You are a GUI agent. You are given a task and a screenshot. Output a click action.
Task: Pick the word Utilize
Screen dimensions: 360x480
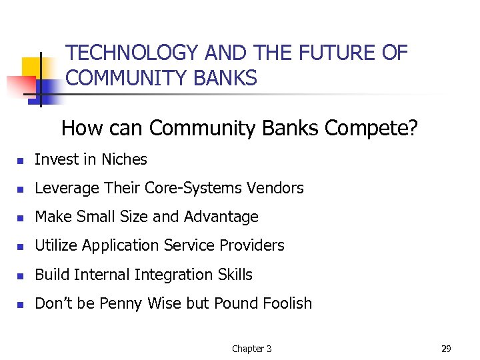(x=56, y=245)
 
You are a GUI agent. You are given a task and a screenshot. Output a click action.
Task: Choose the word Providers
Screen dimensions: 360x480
(x=253, y=245)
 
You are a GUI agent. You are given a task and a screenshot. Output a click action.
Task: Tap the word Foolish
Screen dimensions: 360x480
(x=286, y=303)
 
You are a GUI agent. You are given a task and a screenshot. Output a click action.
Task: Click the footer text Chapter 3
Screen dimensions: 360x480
(x=251, y=349)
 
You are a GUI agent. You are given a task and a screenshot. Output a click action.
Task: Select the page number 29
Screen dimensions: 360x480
(x=446, y=349)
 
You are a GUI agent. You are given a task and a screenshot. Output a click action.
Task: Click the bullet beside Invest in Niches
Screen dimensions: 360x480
(x=21, y=161)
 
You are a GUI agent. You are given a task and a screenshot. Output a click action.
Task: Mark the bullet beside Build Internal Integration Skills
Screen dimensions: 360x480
(x=21, y=275)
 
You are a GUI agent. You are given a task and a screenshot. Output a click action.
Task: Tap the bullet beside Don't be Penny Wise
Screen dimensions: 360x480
(x=21, y=305)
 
